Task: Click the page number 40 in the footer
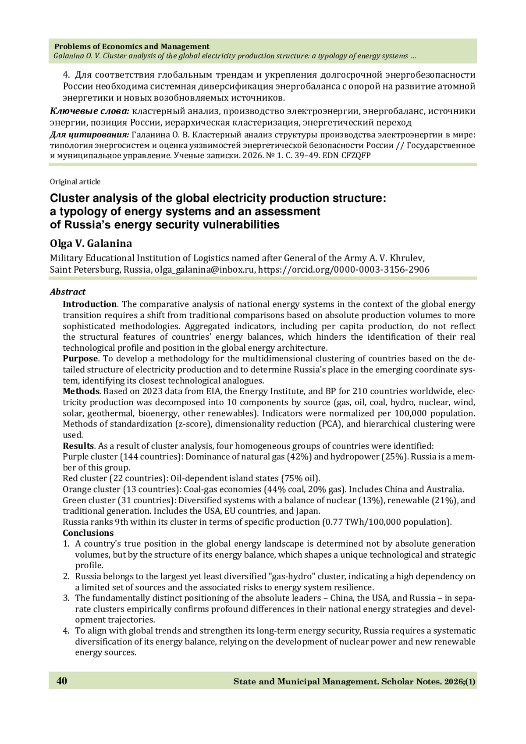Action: pyautogui.click(x=62, y=681)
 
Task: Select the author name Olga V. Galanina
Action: pyautogui.click(x=91, y=244)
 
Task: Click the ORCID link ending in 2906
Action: pyautogui.click(x=344, y=270)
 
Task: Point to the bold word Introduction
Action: pyautogui.click(x=89, y=304)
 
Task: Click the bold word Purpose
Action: pyautogui.click(x=79, y=359)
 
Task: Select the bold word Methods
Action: pyautogui.click(x=81, y=391)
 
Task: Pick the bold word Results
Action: pyautogui.click(x=78, y=446)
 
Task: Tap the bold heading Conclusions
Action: pyautogui.click(x=88, y=533)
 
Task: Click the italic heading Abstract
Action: pyautogui.click(x=68, y=292)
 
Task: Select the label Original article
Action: pyautogui.click(x=75, y=182)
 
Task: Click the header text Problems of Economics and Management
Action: pyautogui.click(x=131, y=46)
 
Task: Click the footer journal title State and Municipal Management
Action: pyautogui.click(x=305, y=682)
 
